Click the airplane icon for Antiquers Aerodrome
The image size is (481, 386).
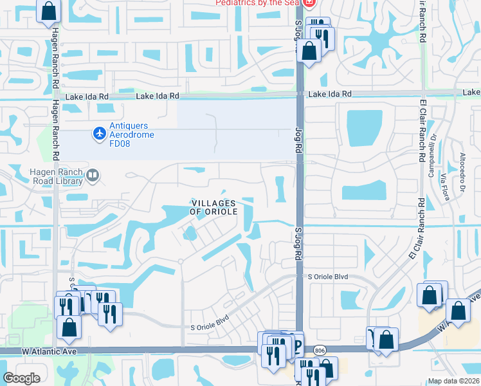[99, 133]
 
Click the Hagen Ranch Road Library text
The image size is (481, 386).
[57, 176]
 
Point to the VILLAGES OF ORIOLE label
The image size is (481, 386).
[214, 207]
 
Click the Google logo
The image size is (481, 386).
[21, 378]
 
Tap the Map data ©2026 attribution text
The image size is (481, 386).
[453, 381]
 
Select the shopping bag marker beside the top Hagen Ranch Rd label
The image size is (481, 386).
[48, 11]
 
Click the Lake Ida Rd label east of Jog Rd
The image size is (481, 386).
[330, 94]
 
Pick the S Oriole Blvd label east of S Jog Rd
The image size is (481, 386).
[327, 277]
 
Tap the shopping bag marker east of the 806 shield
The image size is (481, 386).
[386, 339]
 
